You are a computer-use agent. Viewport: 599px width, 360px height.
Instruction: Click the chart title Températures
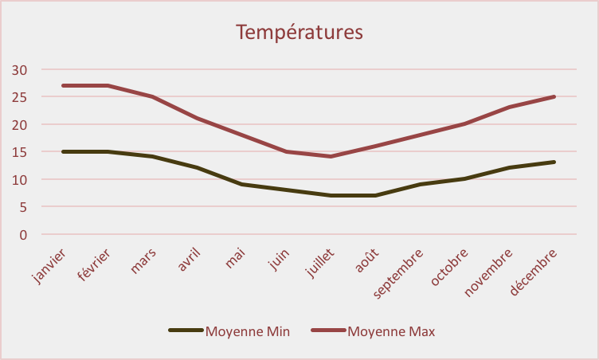point(299,32)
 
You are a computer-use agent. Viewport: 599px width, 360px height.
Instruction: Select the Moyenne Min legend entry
point(229,331)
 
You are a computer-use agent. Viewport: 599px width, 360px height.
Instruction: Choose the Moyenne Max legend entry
point(373,331)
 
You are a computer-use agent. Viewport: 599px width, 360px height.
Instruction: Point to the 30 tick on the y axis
point(19,70)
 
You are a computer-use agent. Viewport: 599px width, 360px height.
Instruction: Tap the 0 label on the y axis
point(23,235)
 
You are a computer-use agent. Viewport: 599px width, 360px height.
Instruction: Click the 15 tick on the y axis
point(19,152)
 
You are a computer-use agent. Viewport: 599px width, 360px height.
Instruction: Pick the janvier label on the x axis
point(49,266)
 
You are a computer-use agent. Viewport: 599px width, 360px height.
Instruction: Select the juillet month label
point(320,263)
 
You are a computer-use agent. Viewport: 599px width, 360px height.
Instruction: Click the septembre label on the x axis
point(397,273)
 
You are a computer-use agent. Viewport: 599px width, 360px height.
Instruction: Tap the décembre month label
point(533,272)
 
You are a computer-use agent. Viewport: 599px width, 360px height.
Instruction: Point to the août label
point(366,260)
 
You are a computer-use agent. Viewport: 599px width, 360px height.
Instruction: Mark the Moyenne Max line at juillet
point(331,156)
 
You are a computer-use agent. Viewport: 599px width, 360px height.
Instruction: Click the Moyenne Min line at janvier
point(64,151)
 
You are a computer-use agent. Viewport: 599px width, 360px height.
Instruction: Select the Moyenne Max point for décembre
point(554,96)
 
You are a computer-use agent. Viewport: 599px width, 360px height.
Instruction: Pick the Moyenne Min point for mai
point(242,184)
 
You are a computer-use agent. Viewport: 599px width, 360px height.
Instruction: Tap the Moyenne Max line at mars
point(153,96)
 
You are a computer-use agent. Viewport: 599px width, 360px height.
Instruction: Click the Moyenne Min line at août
point(376,195)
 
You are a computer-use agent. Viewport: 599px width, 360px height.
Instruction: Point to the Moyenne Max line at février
point(108,85)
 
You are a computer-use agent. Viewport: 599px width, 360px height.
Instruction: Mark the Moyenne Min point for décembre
point(554,162)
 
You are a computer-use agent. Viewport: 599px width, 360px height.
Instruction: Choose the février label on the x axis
point(94,265)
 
